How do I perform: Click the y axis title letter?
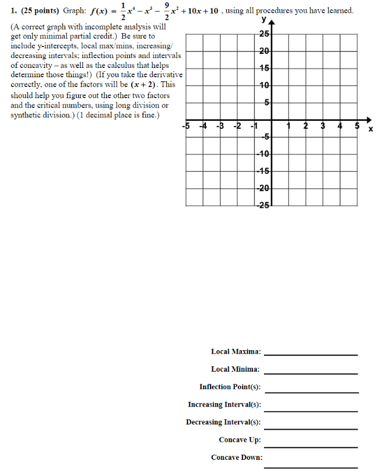point(264,19)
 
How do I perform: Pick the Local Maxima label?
point(236,351)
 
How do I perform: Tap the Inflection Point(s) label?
point(230,387)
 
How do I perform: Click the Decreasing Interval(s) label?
point(223,422)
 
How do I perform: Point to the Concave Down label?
point(236,458)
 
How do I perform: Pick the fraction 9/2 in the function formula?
point(168,10)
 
